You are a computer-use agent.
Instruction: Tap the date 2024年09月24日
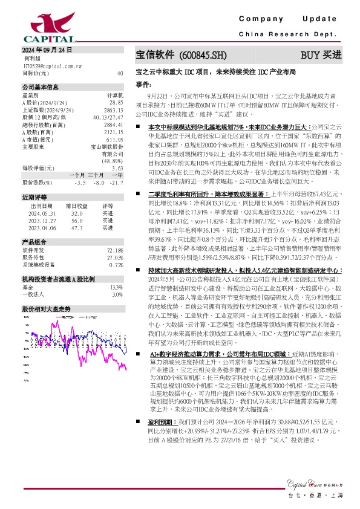pyautogui.click(x=47, y=50)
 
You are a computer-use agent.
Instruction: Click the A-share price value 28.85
pyautogui.click(x=116, y=103)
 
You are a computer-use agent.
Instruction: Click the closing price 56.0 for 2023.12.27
pyautogui.click(x=76, y=238)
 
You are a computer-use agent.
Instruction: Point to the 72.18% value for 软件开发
pyautogui.click(x=115, y=267)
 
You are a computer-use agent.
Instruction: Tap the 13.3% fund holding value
pyautogui.click(x=116, y=305)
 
